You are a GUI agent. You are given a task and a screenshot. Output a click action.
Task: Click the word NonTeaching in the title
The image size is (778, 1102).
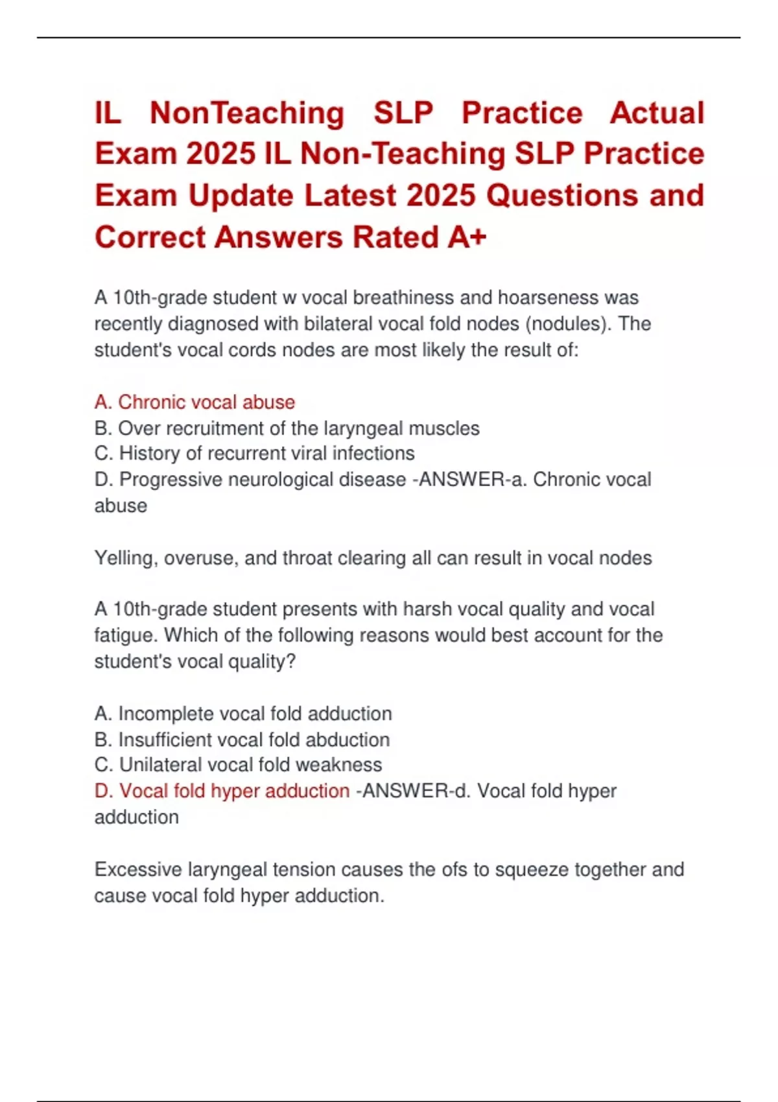(247, 113)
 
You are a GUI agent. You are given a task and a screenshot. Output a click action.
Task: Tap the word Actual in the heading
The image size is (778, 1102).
(657, 113)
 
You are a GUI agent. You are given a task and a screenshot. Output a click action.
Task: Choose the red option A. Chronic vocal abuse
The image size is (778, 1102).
(194, 402)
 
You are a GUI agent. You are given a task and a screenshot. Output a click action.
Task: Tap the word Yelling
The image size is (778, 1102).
(126, 558)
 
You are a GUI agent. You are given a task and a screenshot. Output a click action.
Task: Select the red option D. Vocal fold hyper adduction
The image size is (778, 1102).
(222, 791)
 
